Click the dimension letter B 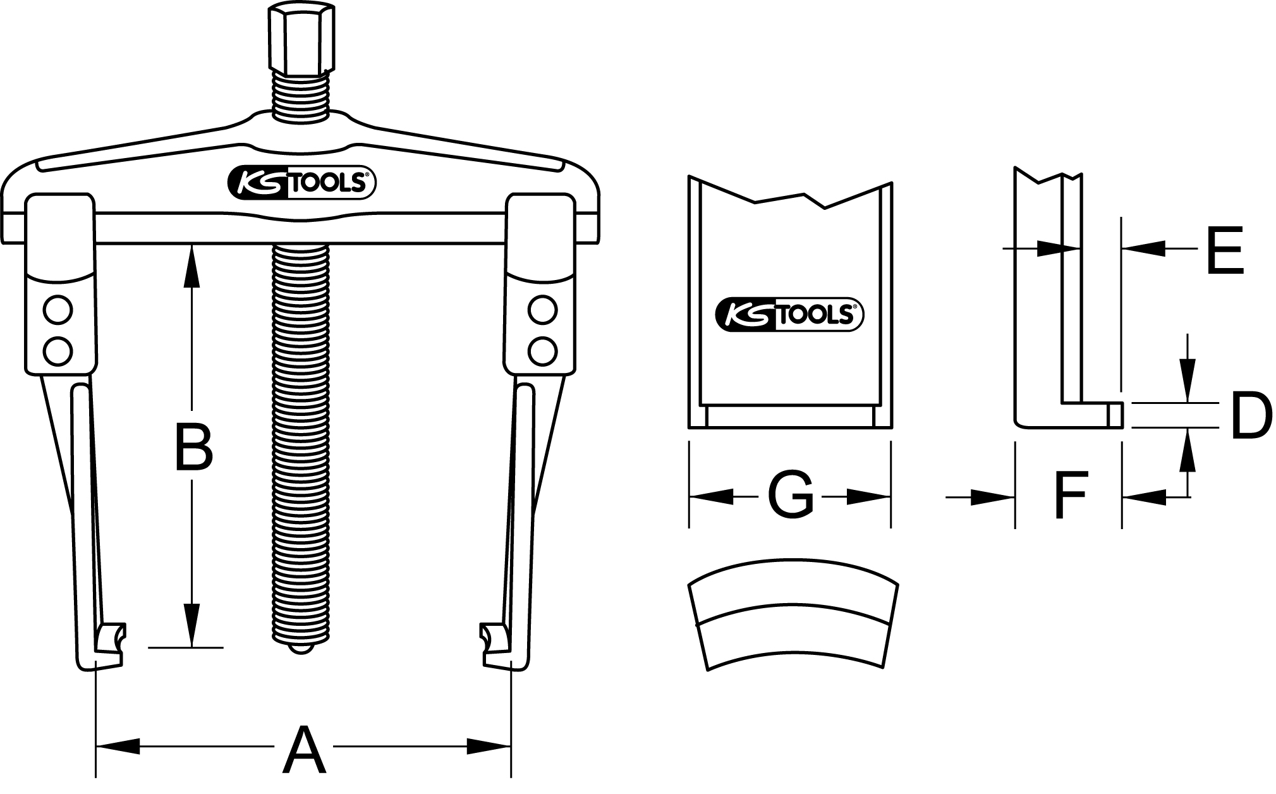[193, 448]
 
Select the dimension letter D [1251, 416]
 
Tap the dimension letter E [1224, 250]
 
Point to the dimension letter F [1069, 495]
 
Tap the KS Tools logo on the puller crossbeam [302, 183]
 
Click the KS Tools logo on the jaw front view [789, 314]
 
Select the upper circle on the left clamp [58, 310]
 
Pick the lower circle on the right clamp [542, 350]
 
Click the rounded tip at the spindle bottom [301, 649]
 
